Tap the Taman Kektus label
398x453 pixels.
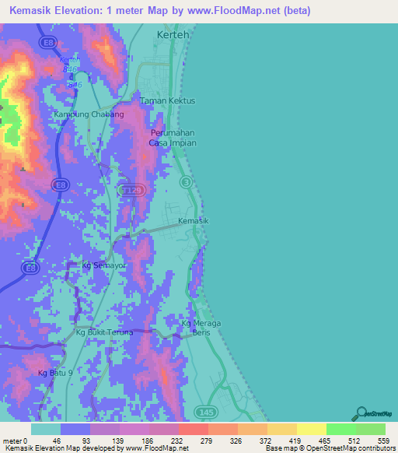[167, 101]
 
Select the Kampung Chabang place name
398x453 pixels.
[89, 114]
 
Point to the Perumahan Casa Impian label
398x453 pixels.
[173, 138]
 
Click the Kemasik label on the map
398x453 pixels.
[194, 221]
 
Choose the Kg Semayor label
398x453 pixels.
[104, 265]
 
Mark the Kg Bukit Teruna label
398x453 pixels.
[105, 332]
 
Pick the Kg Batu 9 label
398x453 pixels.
[54, 374]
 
